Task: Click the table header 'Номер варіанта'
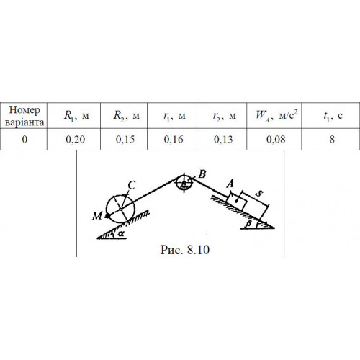point(24,116)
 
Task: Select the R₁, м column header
point(76,116)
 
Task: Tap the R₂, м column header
point(126,116)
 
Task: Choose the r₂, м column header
point(225,116)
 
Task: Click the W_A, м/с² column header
point(276,115)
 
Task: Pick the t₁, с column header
point(333,116)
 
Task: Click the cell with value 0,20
point(75,140)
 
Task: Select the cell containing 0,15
point(125,140)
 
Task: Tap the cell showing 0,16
point(174,140)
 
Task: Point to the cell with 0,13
point(223,140)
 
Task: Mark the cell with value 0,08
point(276,140)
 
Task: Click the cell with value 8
point(332,140)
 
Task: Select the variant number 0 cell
point(24,140)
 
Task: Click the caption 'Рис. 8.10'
point(185,250)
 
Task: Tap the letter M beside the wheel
point(97,216)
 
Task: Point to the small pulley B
point(184,183)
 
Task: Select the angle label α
point(121,233)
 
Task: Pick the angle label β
point(248,224)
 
